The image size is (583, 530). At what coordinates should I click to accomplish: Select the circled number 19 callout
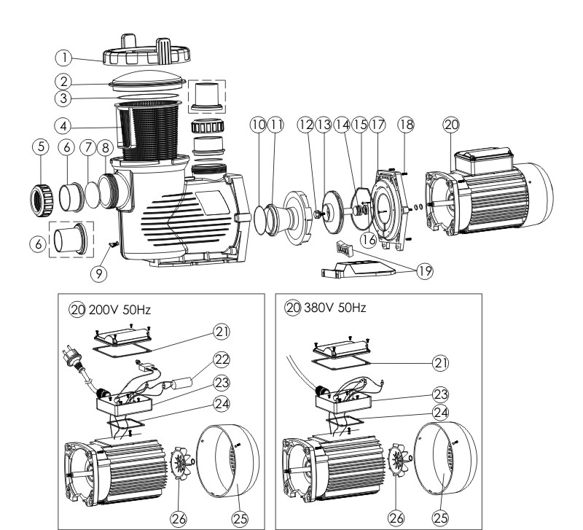[x=423, y=272]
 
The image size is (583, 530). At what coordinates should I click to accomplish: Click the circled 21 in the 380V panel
[x=440, y=361]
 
